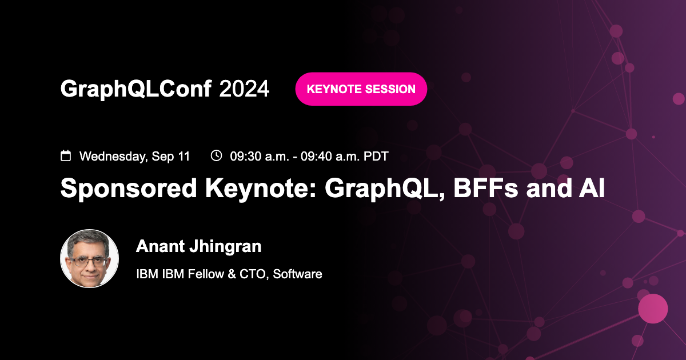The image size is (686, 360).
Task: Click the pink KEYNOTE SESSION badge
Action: [361, 89]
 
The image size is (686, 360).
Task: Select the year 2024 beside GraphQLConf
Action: [244, 89]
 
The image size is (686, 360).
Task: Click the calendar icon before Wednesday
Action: [66, 155]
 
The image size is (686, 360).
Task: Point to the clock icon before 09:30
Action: [216, 155]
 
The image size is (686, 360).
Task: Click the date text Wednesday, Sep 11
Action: [134, 156]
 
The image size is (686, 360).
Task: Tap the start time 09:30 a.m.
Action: [257, 156]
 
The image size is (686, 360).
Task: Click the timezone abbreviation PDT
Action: [376, 156]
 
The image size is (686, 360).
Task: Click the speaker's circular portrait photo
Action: [89, 258]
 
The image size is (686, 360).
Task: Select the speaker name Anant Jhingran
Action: [198, 246]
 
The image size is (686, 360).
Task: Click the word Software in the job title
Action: [297, 274]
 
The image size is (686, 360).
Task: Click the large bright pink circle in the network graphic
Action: [652, 309]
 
